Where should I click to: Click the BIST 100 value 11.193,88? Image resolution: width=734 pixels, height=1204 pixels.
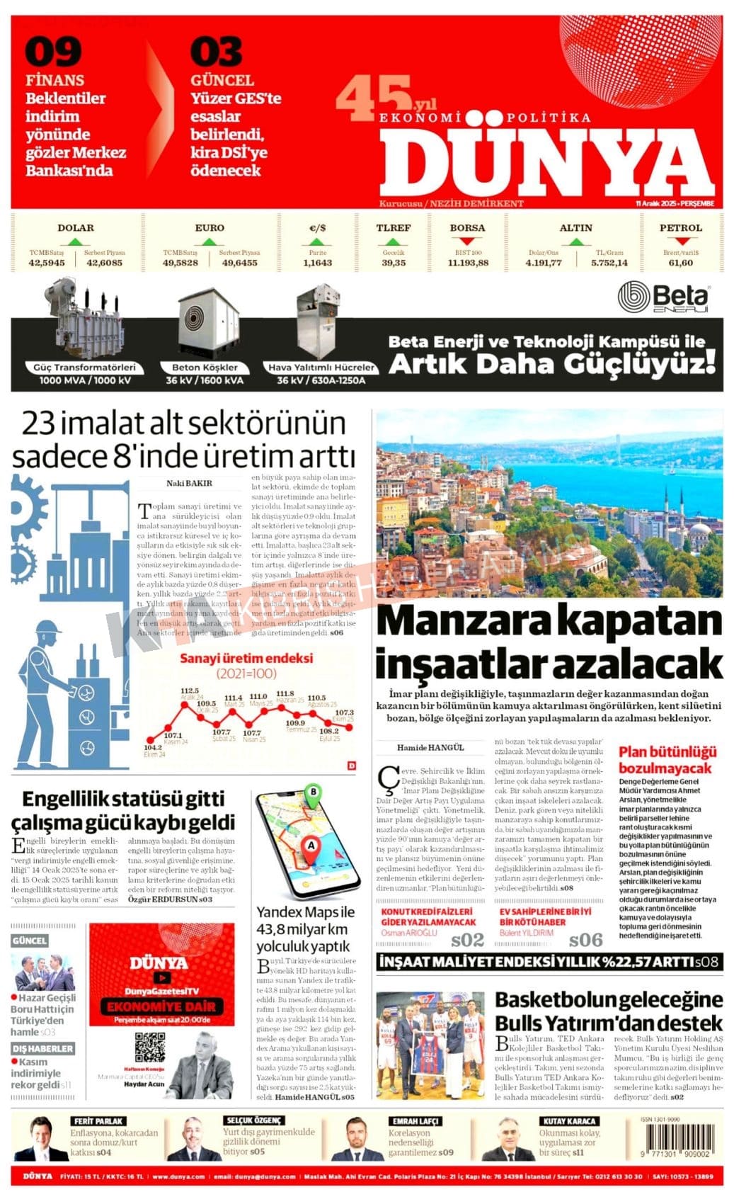(468, 263)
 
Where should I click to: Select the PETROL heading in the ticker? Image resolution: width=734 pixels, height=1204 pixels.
(680, 228)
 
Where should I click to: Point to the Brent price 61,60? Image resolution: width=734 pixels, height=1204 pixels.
(680, 263)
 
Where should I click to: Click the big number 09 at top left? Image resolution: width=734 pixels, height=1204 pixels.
(53, 52)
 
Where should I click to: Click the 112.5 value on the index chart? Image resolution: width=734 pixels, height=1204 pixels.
(190, 691)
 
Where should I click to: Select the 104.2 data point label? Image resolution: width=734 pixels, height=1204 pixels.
(152, 747)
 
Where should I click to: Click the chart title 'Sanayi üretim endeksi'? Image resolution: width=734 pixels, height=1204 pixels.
(246, 659)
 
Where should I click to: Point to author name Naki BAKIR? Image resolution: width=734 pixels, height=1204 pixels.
(189, 484)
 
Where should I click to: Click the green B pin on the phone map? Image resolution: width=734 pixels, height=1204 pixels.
(312, 793)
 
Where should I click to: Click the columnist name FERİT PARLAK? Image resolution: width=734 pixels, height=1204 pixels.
(98, 1121)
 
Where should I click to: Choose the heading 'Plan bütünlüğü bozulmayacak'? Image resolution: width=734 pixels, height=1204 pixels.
(667, 760)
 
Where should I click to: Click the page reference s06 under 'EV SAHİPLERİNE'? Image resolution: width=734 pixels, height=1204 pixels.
(586, 940)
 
